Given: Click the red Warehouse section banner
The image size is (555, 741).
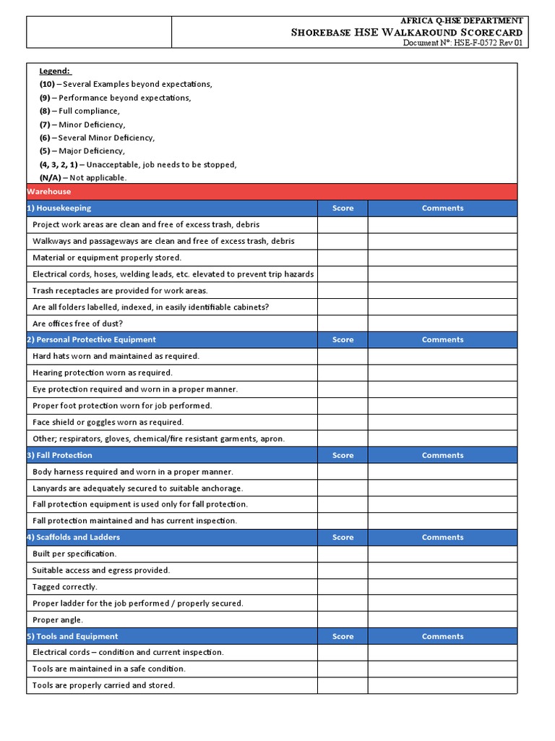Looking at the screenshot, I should tap(272, 192).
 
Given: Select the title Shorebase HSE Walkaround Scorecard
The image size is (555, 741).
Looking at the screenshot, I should tap(406, 32).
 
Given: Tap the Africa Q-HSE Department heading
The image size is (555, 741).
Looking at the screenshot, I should tap(462, 21).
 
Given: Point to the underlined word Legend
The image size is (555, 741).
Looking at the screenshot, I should tap(55, 71).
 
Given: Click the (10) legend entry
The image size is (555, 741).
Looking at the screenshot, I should tap(126, 84).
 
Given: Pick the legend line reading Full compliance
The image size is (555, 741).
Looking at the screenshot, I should tap(79, 111).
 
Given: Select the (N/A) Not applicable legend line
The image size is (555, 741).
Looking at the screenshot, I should tap(83, 177).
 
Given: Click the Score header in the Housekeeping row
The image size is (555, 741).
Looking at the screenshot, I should tap(343, 208).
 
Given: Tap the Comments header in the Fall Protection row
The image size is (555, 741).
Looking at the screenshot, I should tap(442, 455).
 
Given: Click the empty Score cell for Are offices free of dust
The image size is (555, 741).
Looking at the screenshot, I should tap(343, 323).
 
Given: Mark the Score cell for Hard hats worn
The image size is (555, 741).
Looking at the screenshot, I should tap(343, 356).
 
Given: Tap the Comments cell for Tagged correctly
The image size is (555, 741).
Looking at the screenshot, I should tap(442, 587).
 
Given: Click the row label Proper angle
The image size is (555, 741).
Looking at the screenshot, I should tap(58, 619).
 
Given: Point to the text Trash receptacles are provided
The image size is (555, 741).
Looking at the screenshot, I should tap(120, 290).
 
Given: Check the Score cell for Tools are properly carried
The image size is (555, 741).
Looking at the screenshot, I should tap(343, 685).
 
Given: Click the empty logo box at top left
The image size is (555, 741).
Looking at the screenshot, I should tap(99, 33).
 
